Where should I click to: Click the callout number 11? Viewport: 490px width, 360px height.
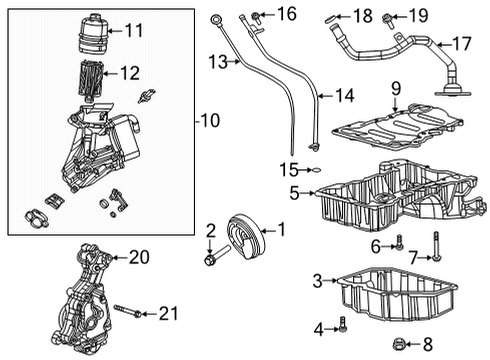(134, 31)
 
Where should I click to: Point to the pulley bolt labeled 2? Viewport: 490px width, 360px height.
(211, 262)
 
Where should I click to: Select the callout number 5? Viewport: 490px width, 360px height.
(294, 191)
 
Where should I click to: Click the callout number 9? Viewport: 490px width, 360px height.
(395, 88)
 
